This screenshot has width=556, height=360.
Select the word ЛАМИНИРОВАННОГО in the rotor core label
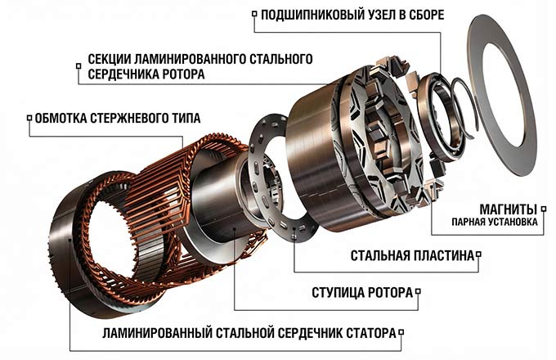[x=193, y=60]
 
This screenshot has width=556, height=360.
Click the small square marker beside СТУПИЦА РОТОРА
[x=419, y=291]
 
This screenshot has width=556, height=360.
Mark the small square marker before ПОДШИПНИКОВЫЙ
[x=254, y=14]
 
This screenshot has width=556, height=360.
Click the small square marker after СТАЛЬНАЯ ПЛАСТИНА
[x=478, y=255]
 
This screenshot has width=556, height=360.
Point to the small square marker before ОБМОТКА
[x=29, y=117]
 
